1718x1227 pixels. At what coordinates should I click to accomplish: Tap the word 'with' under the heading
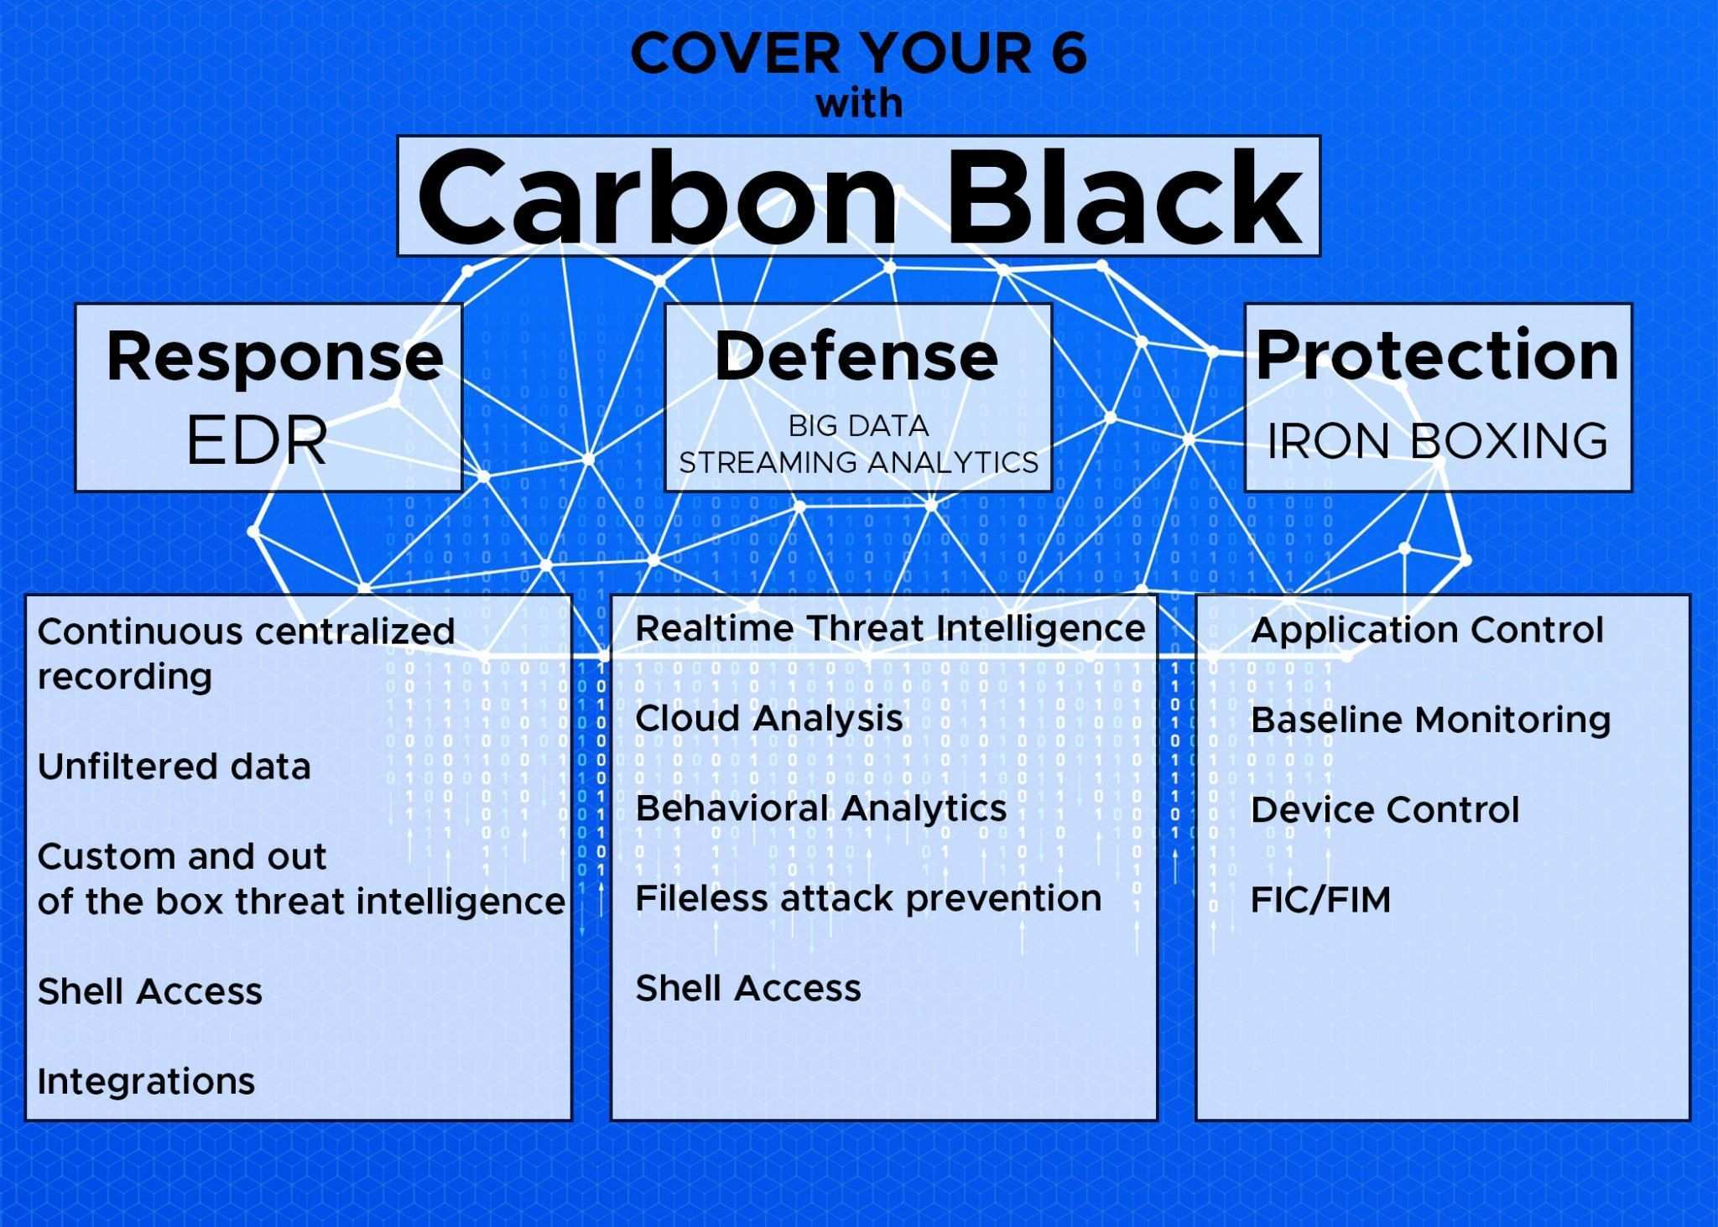coord(859,104)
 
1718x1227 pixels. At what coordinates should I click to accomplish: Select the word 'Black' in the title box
coord(1125,197)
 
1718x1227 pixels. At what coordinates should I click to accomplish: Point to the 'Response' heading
coord(274,356)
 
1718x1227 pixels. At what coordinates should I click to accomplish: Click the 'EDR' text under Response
coord(257,441)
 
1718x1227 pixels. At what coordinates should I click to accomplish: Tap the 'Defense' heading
coord(856,356)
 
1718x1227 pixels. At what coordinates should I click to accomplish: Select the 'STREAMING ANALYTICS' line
coord(858,462)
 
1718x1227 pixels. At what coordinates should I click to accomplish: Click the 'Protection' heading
coord(1437,355)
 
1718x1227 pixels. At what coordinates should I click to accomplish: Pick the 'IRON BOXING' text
coord(1437,441)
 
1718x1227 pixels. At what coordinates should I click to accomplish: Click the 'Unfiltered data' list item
coord(174,767)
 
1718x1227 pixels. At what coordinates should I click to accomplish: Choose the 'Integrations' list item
coord(146,1082)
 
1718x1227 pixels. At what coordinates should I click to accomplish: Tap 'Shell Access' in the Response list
coord(150,991)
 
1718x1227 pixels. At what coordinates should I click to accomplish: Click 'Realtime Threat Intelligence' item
coord(890,628)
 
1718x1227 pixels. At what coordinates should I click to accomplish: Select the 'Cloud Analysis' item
coord(769,719)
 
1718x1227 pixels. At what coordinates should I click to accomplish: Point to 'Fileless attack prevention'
coord(868,898)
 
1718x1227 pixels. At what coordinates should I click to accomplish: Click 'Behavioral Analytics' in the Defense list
coord(821,808)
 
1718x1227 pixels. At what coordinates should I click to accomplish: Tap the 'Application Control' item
coord(1427,631)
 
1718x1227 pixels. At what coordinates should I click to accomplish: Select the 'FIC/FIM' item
coord(1320,900)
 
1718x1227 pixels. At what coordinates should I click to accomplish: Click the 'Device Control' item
coord(1385,810)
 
